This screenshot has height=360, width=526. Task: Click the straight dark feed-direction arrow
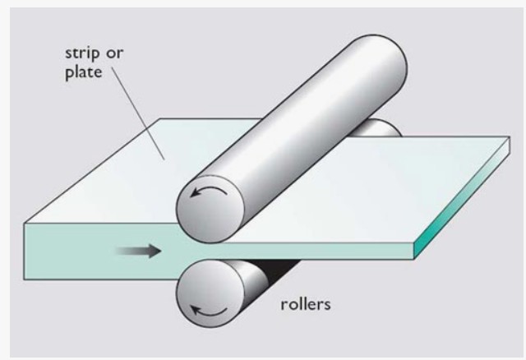click(137, 250)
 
